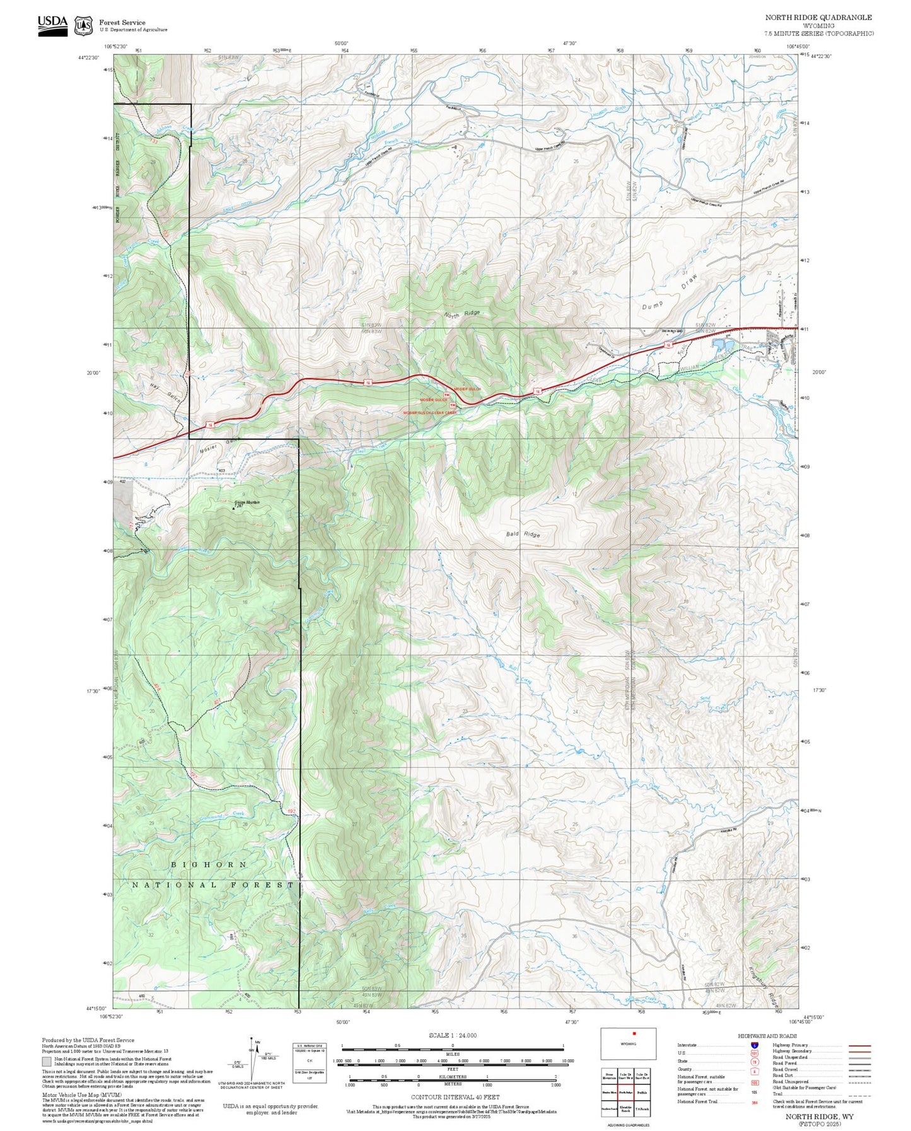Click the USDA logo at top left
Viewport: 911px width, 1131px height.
[52, 25]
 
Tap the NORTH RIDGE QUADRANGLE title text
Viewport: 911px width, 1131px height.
[818, 18]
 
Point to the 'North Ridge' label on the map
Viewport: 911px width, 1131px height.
[462, 314]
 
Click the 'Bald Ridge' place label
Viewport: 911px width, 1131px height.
[523, 534]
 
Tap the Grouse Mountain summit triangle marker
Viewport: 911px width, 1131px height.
[235, 506]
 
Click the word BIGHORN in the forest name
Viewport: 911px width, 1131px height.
[209, 864]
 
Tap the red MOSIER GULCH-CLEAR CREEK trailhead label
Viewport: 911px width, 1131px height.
[430, 413]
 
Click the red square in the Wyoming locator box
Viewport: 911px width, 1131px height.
[634, 1033]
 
